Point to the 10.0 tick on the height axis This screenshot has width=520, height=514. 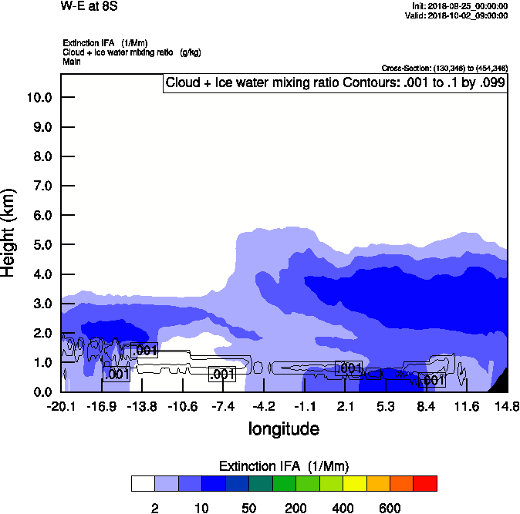[x=39, y=98]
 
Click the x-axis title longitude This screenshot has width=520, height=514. [x=284, y=428]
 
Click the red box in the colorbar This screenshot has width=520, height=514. [x=425, y=484]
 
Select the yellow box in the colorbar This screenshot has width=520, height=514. [x=354, y=484]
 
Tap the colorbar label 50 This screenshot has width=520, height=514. [x=249, y=508]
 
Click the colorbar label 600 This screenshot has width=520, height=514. [x=390, y=508]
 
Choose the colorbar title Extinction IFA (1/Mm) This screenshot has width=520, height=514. [x=284, y=466]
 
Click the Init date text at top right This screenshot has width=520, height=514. [x=460, y=6]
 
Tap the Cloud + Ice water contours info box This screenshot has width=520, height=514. [x=335, y=83]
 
